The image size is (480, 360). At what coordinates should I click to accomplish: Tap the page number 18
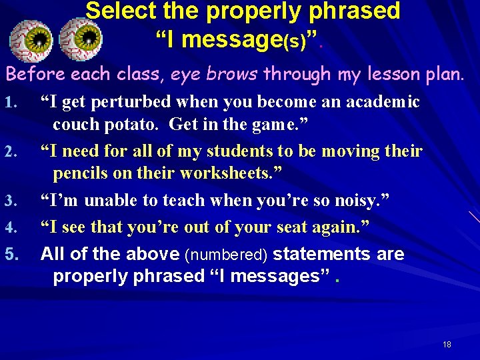(447, 344)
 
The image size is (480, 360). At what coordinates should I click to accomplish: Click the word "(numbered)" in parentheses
(227, 255)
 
